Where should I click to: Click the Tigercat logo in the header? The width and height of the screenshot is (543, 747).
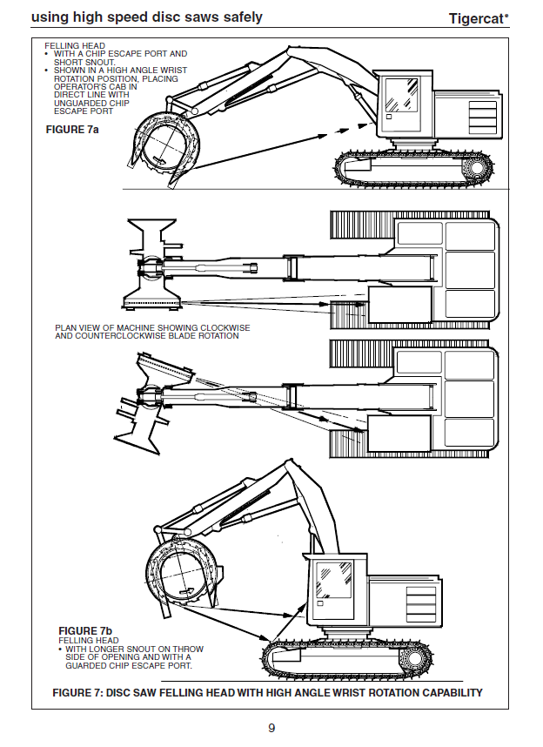pyautogui.click(x=478, y=17)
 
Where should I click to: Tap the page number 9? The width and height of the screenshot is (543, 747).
pyautogui.click(x=271, y=728)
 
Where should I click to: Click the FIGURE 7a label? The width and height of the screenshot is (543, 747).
pyautogui.click(x=71, y=129)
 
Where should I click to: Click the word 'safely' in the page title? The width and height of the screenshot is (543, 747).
pyautogui.click(x=237, y=17)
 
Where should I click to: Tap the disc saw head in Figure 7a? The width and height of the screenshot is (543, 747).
pyautogui.click(x=164, y=141)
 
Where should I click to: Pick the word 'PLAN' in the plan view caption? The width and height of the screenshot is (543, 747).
pyautogui.click(x=66, y=327)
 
